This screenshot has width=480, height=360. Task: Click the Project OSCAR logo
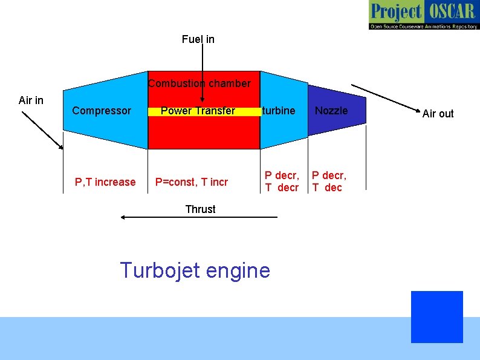click(x=423, y=15)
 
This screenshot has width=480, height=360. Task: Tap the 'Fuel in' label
click(x=198, y=39)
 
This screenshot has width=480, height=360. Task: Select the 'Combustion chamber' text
click(x=199, y=83)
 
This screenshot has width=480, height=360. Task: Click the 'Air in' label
click(x=31, y=100)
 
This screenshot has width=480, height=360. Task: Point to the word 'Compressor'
click(x=101, y=111)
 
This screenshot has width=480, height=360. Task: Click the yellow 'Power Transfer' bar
click(x=198, y=111)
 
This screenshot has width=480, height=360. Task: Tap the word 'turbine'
click(x=279, y=111)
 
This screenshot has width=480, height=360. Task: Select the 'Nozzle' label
click(x=331, y=111)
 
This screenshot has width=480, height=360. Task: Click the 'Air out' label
click(x=438, y=113)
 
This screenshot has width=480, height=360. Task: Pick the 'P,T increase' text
click(x=105, y=182)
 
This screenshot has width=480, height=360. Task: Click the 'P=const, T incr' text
click(x=192, y=182)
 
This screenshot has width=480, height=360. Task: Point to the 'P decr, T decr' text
click(x=282, y=182)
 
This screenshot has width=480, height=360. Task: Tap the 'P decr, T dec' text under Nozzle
click(x=329, y=182)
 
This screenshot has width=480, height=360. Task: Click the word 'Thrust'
click(x=200, y=209)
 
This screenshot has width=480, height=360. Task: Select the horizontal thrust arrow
click(x=199, y=217)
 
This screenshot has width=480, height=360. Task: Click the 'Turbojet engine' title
click(x=195, y=270)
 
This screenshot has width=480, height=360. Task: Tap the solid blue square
click(x=436, y=317)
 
